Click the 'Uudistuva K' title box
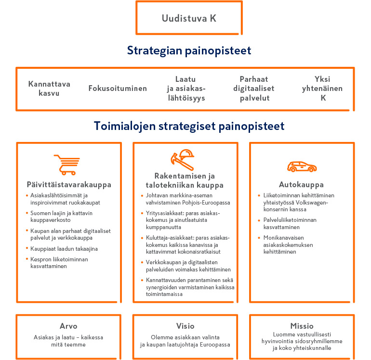(x=189, y=19)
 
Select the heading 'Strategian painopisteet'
(x=189, y=51)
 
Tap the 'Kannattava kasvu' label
(x=49, y=89)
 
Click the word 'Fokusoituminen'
(x=118, y=89)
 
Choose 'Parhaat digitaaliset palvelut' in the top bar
(x=254, y=89)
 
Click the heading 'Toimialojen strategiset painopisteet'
(x=189, y=126)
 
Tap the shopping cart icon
(x=67, y=165)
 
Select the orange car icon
(x=302, y=167)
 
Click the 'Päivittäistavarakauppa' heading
(x=69, y=184)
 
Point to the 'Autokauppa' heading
(x=301, y=184)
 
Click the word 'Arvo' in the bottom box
(x=68, y=326)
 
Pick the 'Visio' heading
(x=185, y=326)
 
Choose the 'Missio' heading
(x=302, y=326)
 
